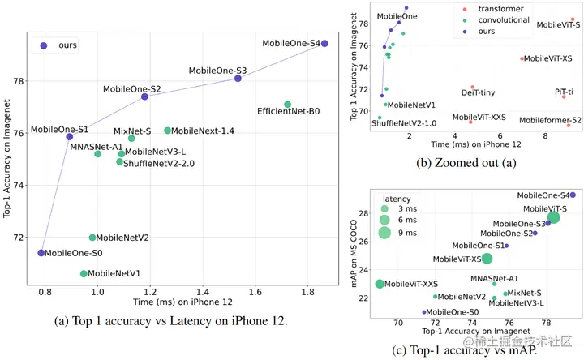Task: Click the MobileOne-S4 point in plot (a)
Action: pyautogui.click(x=324, y=43)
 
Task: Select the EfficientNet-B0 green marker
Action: pyautogui.click(x=288, y=104)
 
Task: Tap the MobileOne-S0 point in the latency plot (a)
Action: pyautogui.click(x=41, y=253)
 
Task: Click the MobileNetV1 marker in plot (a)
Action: pyautogui.click(x=84, y=274)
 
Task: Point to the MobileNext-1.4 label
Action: pyautogui.click(x=203, y=131)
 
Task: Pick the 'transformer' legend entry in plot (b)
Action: pyautogui.click(x=490, y=9)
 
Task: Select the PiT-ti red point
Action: pyautogui.click(x=564, y=96)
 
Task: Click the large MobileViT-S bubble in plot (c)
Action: pyautogui.click(x=554, y=217)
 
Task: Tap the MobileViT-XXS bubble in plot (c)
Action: pyautogui.click(x=380, y=284)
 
